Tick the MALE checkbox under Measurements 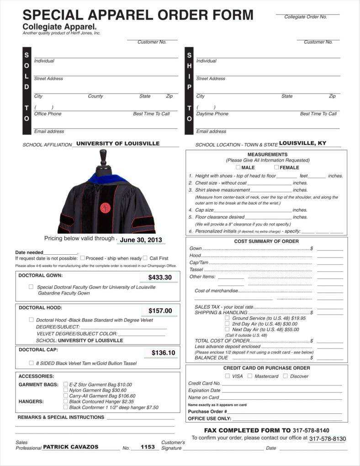[x=238, y=167]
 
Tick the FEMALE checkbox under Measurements [x=276, y=167]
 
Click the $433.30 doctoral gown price [x=160, y=277]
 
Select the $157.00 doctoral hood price [x=160, y=311]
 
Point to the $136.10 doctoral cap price [x=163, y=353]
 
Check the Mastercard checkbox [x=250, y=376]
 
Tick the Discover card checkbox [x=285, y=376]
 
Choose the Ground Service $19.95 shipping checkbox [x=227, y=317]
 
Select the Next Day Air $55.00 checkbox [x=227, y=329]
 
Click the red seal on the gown [x=105, y=208]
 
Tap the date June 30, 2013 [x=141, y=240]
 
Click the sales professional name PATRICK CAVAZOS [x=70, y=447]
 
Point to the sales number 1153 [x=148, y=447]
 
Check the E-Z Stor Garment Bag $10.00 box [x=66, y=384]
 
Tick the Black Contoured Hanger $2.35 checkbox [x=66, y=401]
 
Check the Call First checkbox [x=145, y=257]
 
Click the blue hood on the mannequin [x=110, y=177]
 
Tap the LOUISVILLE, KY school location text [x=302, y=143]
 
